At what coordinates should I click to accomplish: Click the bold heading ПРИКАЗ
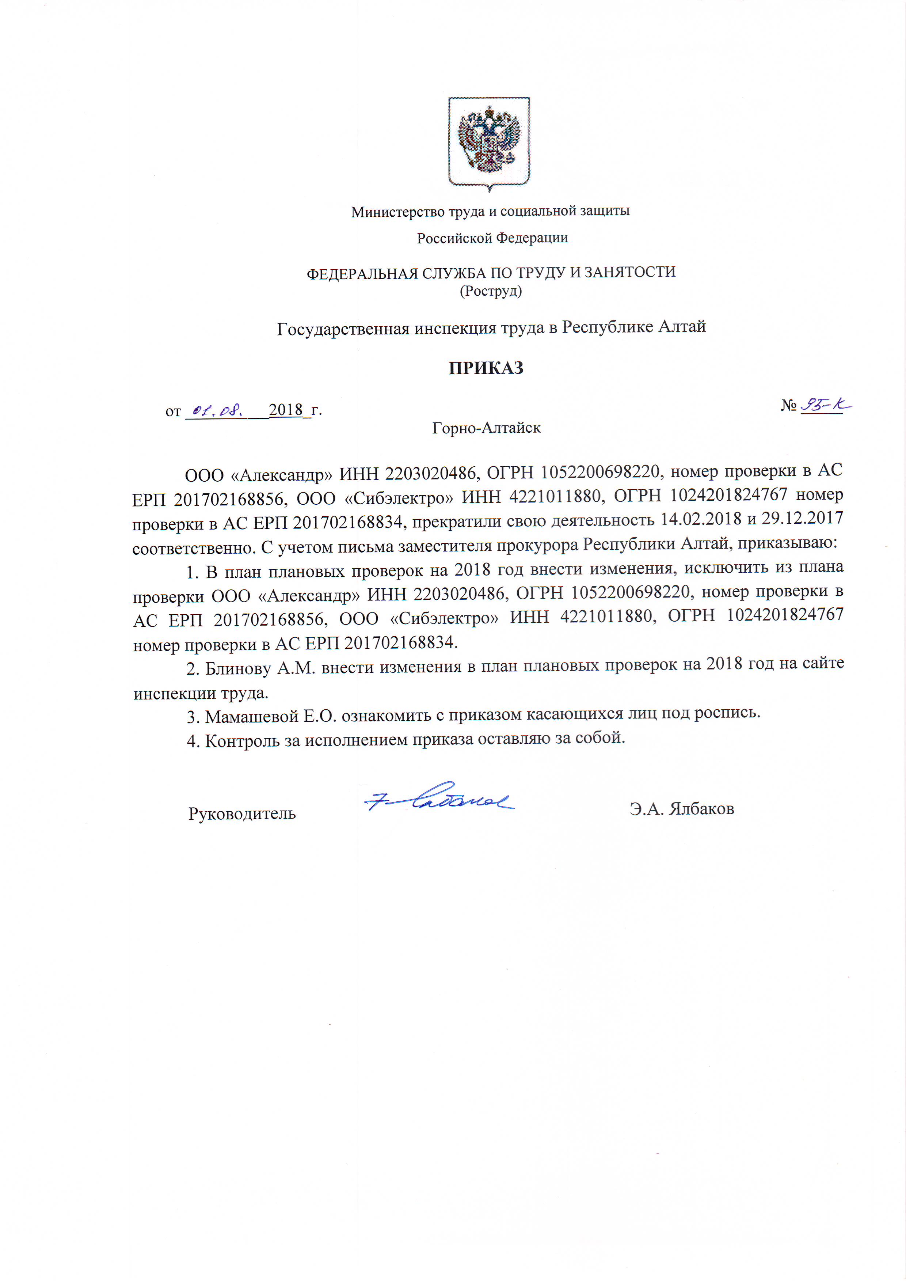pyautogui.click(x=486, y=368)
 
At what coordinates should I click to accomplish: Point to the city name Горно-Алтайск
pyautogui.click(x=486, y=428)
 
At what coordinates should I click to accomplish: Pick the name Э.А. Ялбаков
pyautogui.click(x=682, y=808)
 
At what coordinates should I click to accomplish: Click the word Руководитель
pyautogui.click(x=242, y=813)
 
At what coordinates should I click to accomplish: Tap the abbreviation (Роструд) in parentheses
pyautogui.click(x=491, y=291)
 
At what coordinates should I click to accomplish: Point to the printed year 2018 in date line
pyautogui.click(x=285, y=410)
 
